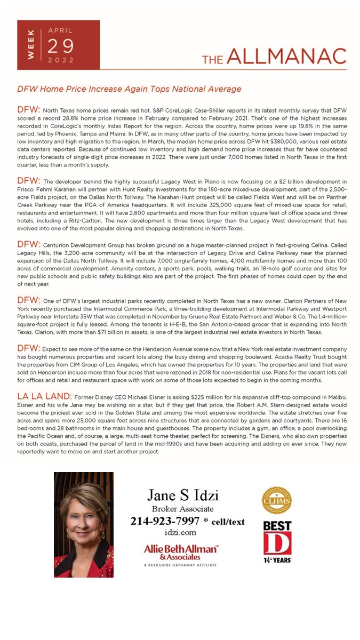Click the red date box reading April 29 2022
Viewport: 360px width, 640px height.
tap(59, 45)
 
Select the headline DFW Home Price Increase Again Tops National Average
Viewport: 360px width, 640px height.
tap(129, 89)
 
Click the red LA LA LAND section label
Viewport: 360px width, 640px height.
tap(44, 396)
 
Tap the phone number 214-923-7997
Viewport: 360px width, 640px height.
tap(165, 521)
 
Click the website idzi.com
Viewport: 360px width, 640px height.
tap(180, 532)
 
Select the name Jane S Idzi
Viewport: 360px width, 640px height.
tap(182, 495)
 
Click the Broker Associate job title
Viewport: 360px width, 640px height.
tap(182, 509)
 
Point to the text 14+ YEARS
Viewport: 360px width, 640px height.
tap(277, 560)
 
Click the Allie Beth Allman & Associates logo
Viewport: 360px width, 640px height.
tap(180, 551)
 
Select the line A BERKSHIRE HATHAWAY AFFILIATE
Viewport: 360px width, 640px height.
tap(180, 564)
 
